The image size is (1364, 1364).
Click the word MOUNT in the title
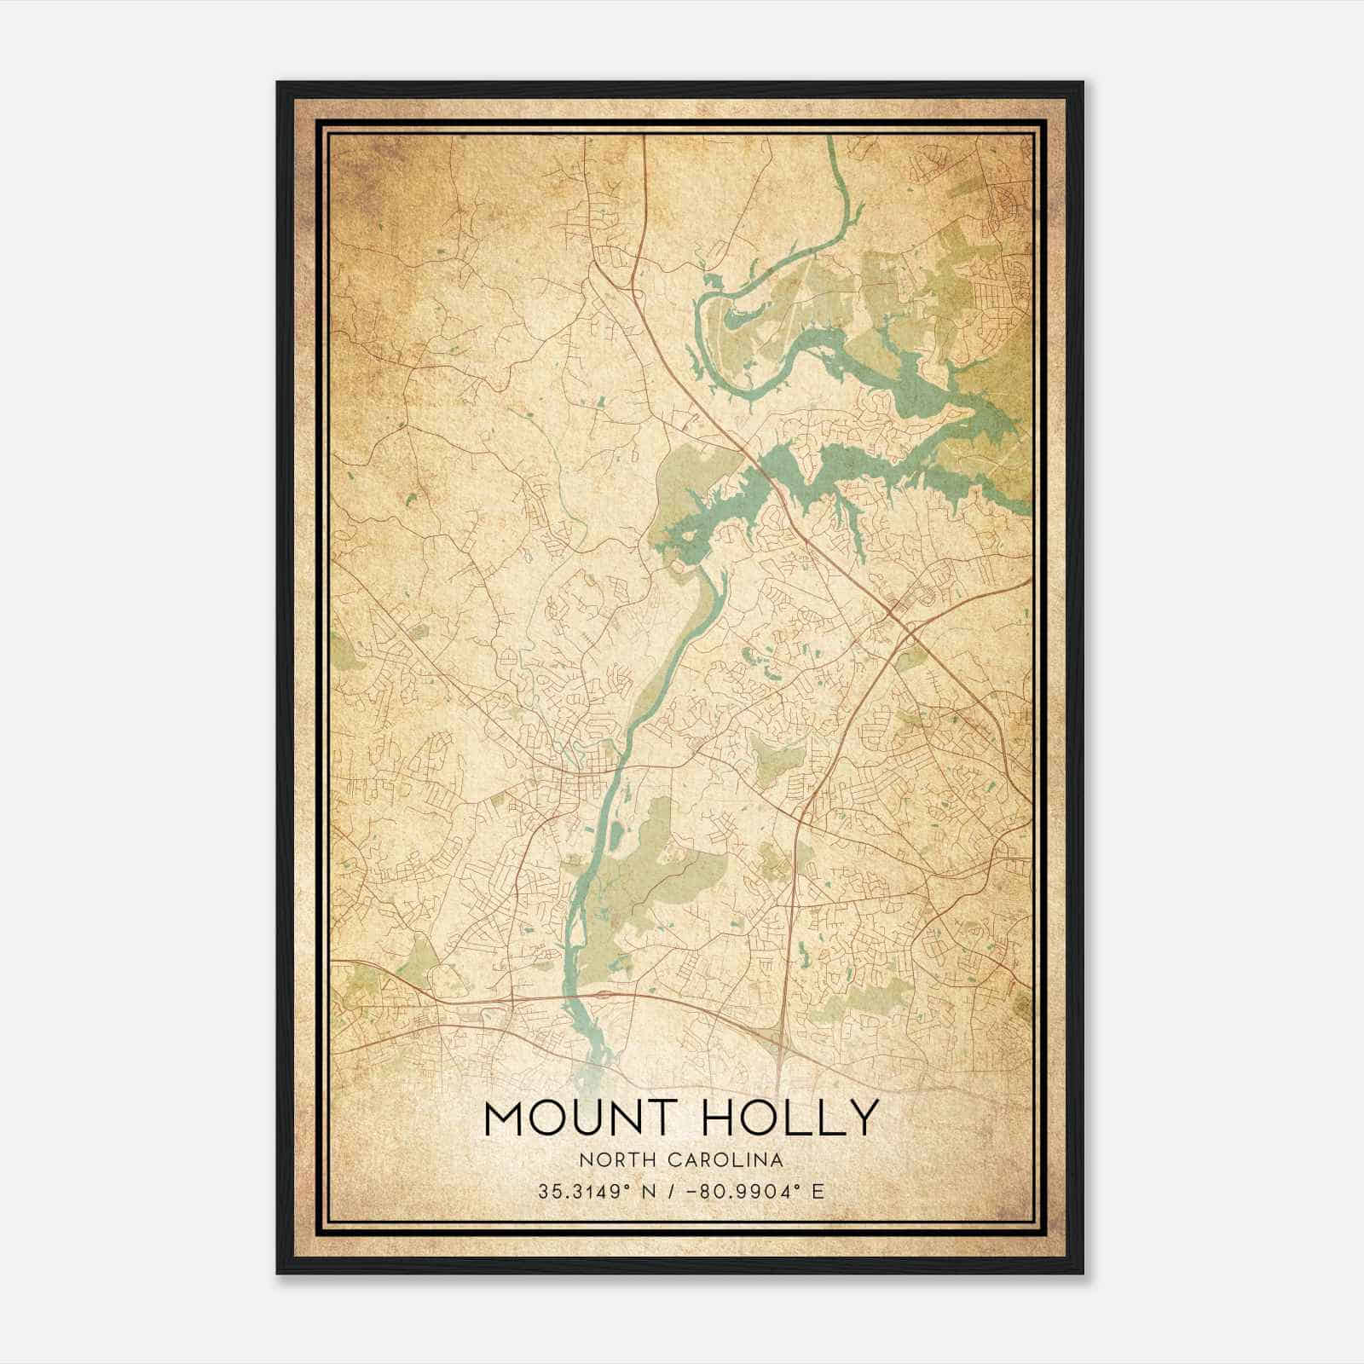[x=580, y=1118]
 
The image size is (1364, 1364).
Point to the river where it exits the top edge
[x=830, y=142]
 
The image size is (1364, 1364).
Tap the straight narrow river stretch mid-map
[x=673, y=648]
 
